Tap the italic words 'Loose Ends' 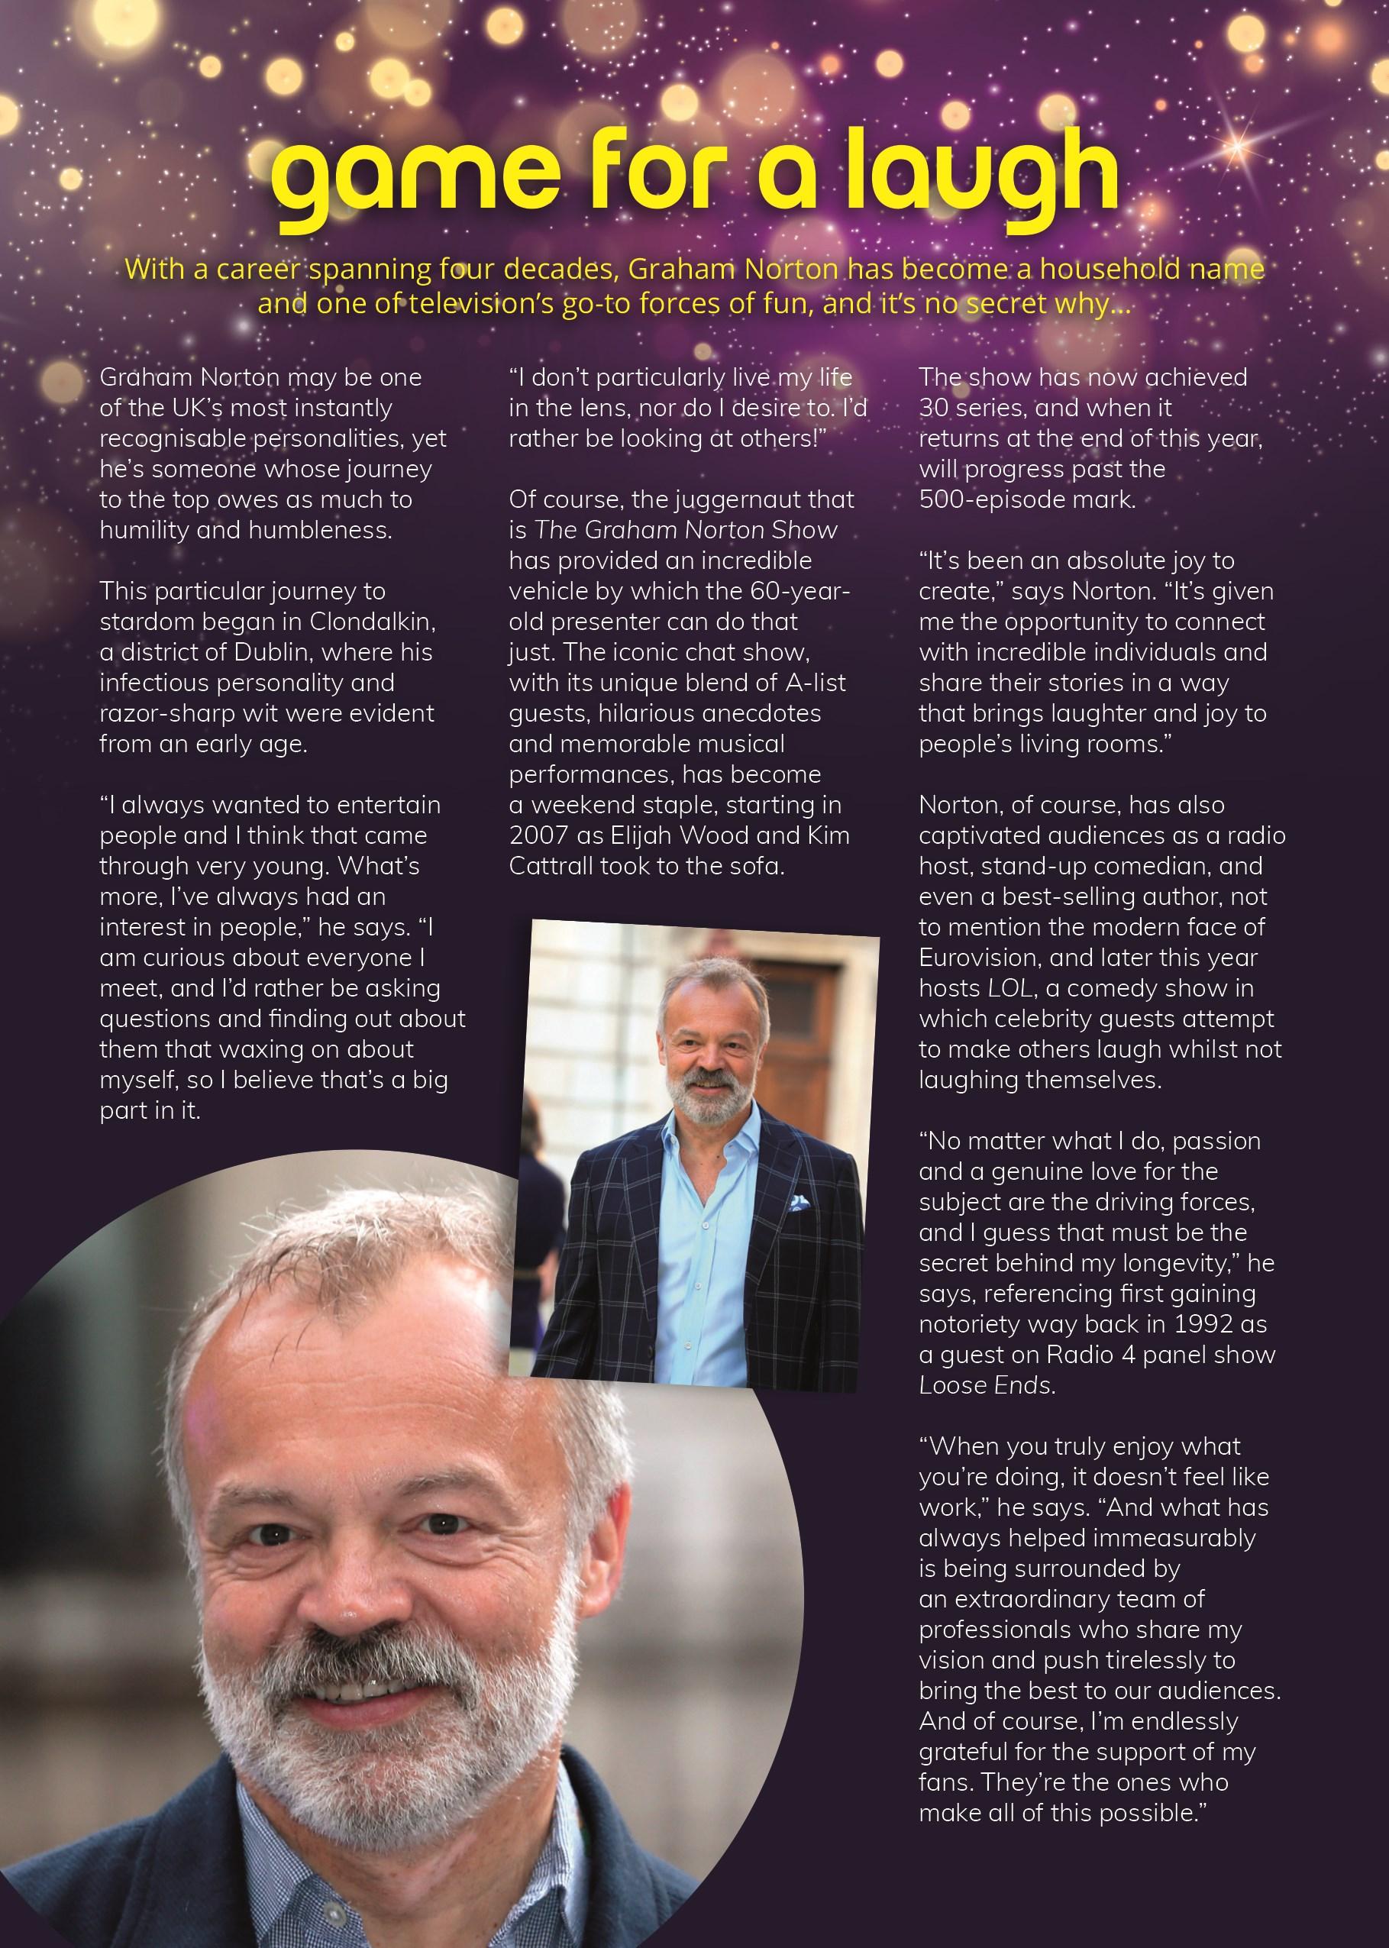coord(984,1385)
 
